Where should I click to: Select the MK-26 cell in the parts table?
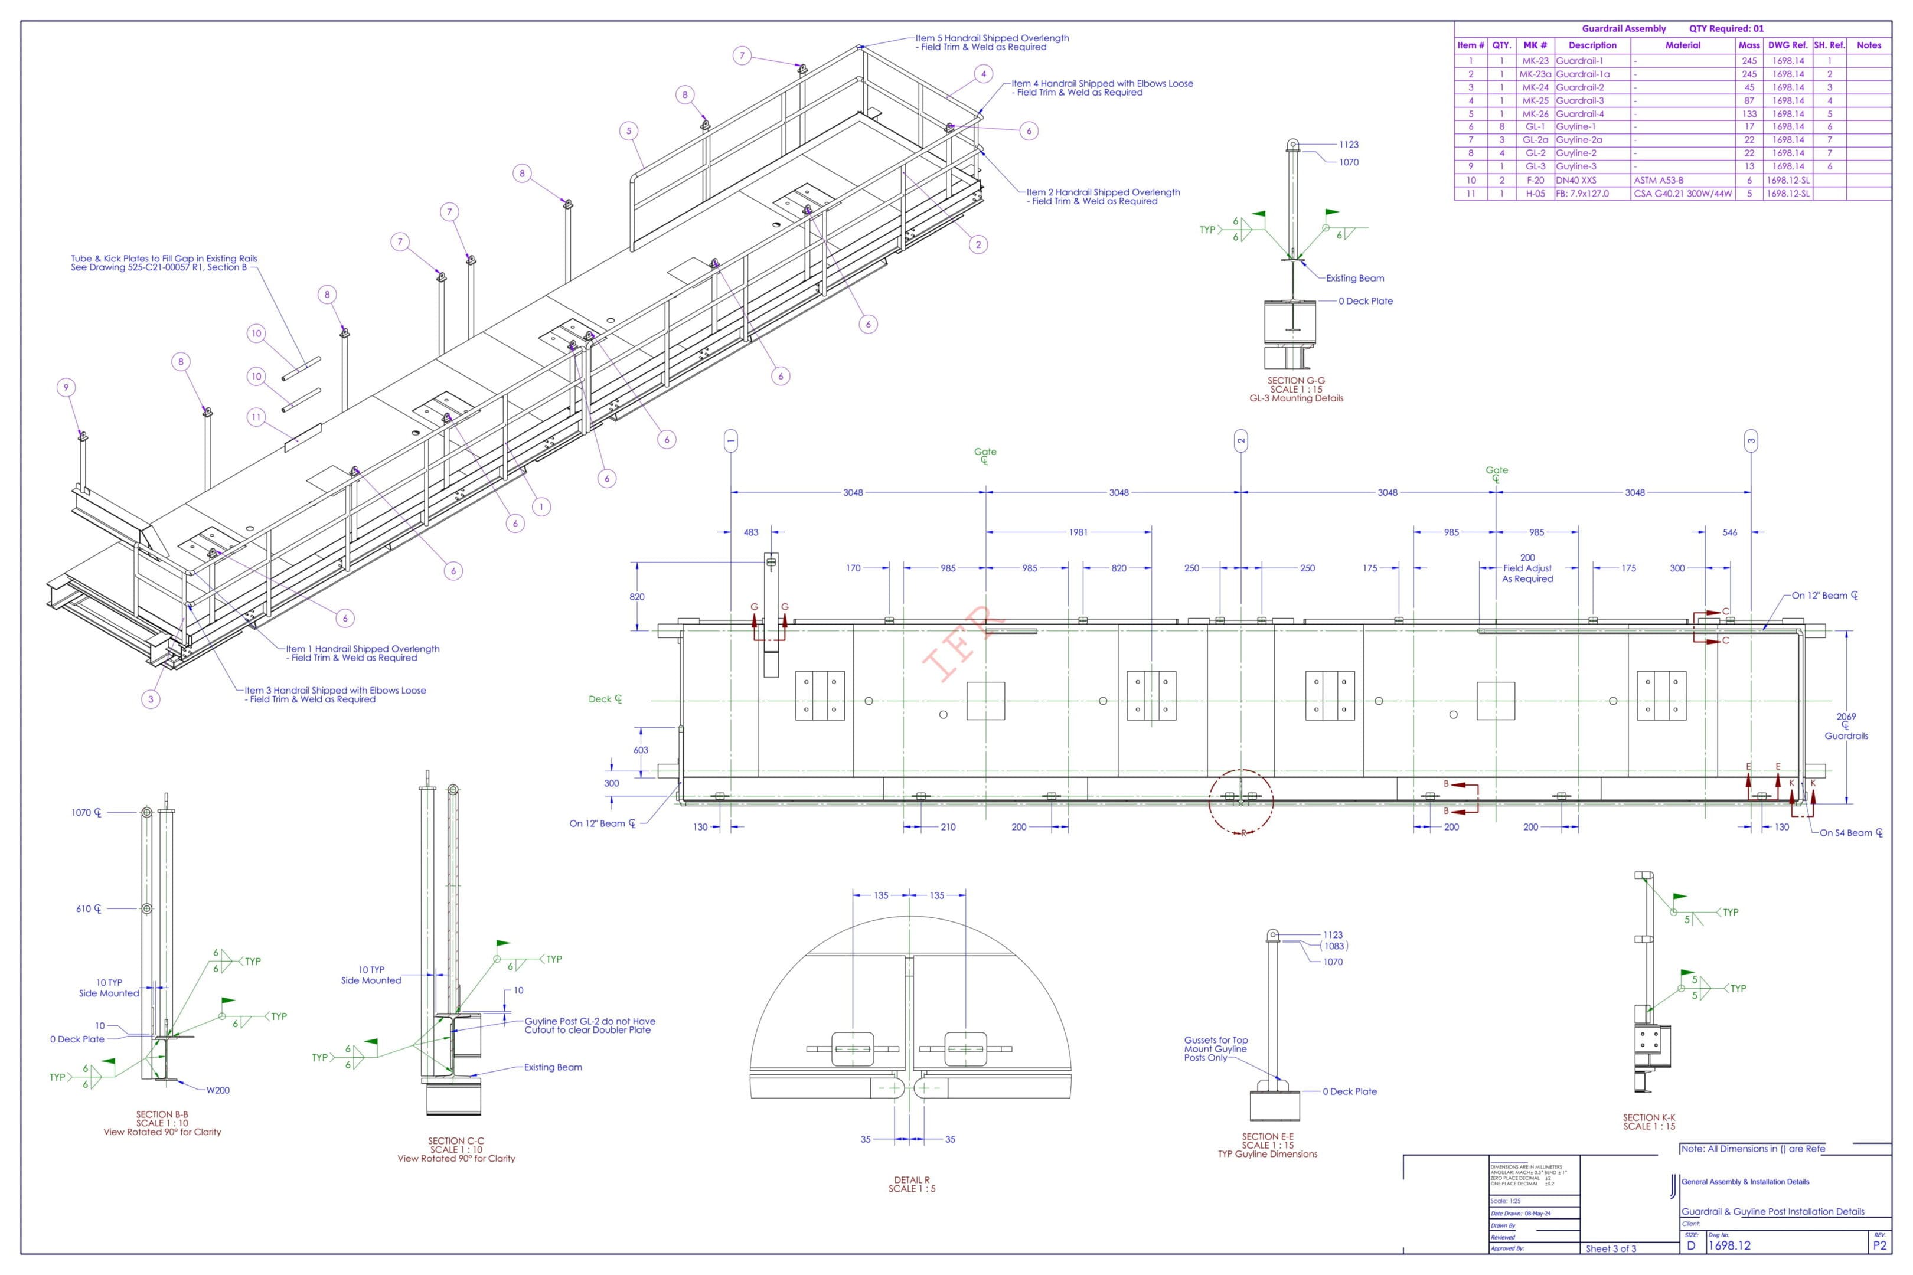pyautogui.click(x=1535, y=114)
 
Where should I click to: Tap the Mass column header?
pyautogui.click(x=1749, y=45)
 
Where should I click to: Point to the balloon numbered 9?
pyautogui.click(x=67, y=387)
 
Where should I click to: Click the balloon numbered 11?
pyautogui.click(x=256, y=417)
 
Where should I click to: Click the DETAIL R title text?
pyautogui.click(x=912, y=1180)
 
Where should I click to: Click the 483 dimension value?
pyautogui.click(x=750, y=532)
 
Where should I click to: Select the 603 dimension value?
pyautogui.click(x=641, y=750)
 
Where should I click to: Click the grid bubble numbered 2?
pyautogui.click(x=1240, y=442)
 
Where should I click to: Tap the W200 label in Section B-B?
pyautogui.click(x=218, y=1090)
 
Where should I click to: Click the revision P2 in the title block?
pyautogui.click(x=1880, y=1245)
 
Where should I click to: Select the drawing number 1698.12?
pyautogui.click(x=1729, y=1245)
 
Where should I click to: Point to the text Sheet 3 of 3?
pyautogui.click(x=1611, y=1249)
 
